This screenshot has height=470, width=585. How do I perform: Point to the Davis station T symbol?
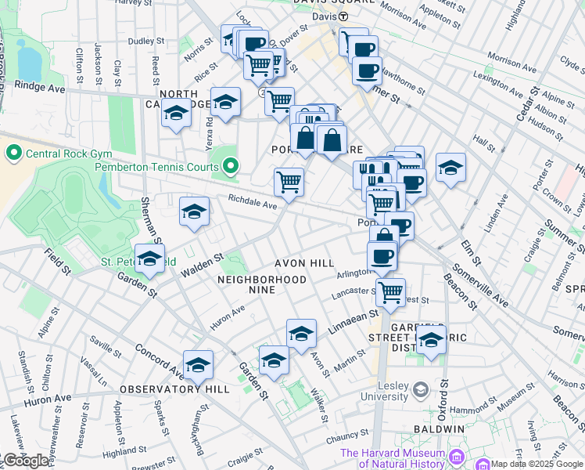343,16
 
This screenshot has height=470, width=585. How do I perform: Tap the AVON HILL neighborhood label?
303,263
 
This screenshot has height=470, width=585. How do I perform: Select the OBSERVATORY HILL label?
174,389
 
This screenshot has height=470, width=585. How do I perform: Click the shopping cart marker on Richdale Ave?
289,183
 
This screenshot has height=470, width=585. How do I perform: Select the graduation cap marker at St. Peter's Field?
149,259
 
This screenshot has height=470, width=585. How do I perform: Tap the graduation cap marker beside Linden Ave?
450,168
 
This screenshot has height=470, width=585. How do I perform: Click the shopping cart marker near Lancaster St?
390,292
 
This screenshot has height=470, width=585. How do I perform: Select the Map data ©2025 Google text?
537,463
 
